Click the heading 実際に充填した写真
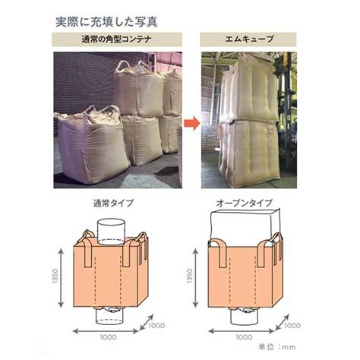point(106,22)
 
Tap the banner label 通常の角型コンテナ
point(117,39)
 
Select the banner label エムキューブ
point(249,39)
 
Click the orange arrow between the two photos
point(192,123)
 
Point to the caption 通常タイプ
point(113,204)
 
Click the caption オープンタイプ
point(244,204)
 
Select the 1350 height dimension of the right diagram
point(190,276)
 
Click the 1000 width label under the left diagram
point(108,337)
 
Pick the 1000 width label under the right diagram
point(244,337)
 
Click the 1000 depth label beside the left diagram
point(156,325)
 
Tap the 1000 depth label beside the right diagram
point(292,325)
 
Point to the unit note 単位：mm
point(277,346)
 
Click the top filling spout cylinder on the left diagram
point(111,232)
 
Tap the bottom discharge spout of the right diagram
point(244,316)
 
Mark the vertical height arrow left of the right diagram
point(195,278)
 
